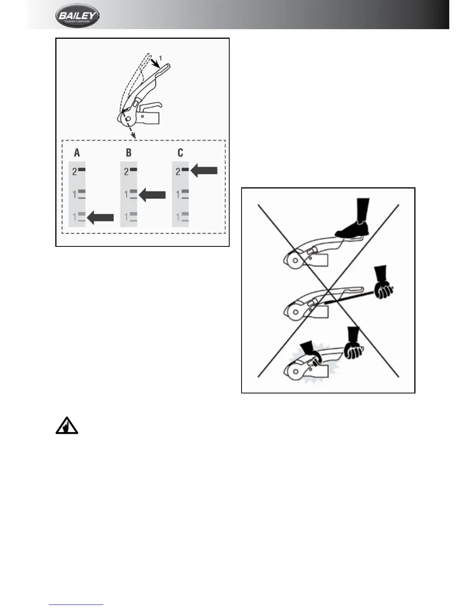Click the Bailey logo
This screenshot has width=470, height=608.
tap(77, 16)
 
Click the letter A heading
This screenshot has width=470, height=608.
tap(77, 153)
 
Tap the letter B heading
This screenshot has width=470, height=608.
tap(129, 153)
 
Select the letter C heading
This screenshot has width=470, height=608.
tap(180, 153)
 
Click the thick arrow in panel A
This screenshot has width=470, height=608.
tap(101, 218)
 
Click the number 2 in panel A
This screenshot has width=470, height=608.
tap(74, 172)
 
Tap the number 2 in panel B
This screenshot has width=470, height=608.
tap(126, 172)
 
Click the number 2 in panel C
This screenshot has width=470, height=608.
tap(178, 172)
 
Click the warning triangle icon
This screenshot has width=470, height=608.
tap(67, 425)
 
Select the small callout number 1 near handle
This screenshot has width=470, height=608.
tap(161, 58)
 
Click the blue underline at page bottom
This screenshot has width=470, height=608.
tap(76, 605)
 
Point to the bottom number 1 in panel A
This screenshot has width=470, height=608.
tap(74, 218)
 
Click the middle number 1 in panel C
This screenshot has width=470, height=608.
tap(178, 195)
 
